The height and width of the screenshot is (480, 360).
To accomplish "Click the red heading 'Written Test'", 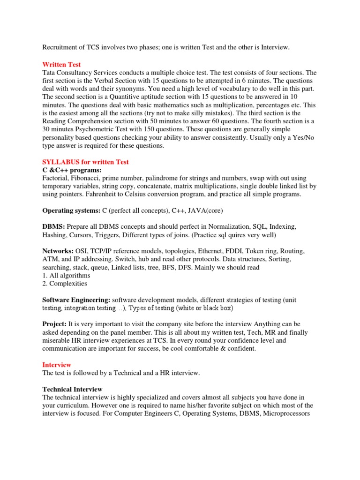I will point(61,65).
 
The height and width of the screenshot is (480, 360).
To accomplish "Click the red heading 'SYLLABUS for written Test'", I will point(85,162).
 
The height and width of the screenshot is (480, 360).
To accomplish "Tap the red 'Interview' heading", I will point(57,364).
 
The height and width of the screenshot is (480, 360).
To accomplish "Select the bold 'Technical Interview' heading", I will point(72,389).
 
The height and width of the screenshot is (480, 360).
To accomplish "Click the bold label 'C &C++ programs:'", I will point(72,170).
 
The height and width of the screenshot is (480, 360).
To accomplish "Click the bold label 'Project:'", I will point(55,324).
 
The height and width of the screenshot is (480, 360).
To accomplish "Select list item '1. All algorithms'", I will point(66,275).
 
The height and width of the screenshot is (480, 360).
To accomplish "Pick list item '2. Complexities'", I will point(65,284).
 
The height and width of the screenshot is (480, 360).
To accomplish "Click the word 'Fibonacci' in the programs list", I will point(88,178).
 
